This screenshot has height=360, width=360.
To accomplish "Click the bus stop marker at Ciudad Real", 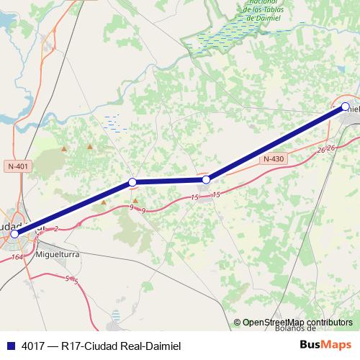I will coord(14,234).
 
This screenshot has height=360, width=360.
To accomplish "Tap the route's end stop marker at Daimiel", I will coord(345,107).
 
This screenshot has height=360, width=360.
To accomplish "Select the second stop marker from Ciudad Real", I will coord(132,182).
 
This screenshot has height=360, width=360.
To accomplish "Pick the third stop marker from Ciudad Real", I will coord(206,179).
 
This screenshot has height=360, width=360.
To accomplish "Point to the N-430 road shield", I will coord(274,159).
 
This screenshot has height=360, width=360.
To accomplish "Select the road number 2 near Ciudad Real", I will coord(55,228).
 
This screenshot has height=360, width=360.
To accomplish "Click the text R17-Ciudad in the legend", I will coord(94,345).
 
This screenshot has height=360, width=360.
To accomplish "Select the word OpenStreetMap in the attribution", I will coord(273,323).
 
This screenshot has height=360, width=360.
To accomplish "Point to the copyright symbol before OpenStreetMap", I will coord(237,323).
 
